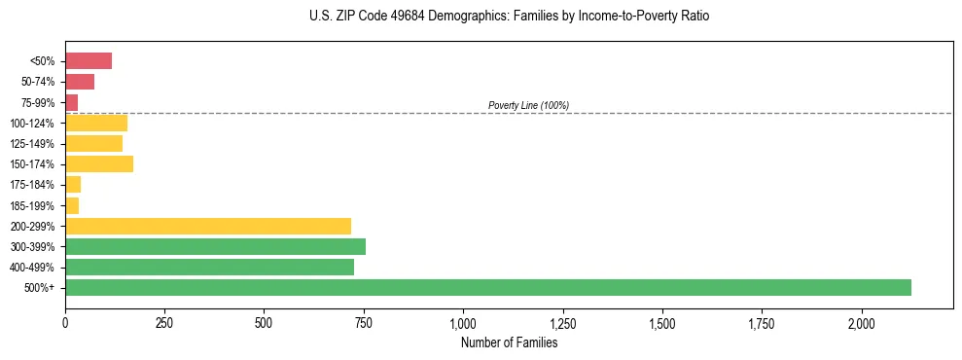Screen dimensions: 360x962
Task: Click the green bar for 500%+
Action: [487, 287]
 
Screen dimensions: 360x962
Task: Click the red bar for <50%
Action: [89, 61]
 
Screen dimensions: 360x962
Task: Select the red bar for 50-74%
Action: [80, 82]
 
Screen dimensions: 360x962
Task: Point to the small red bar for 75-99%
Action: [72, 102]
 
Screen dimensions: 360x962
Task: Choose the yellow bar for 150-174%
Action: [99, 163]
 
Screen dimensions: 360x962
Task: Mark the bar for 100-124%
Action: [96, 123]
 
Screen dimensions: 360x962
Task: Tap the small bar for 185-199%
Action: [72, 205]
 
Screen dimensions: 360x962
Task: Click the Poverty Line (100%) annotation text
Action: [528, 105]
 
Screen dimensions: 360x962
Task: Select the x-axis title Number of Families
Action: [509, 342]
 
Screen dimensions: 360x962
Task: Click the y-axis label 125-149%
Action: [32, 144]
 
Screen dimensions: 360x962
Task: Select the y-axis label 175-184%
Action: [32, 185]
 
